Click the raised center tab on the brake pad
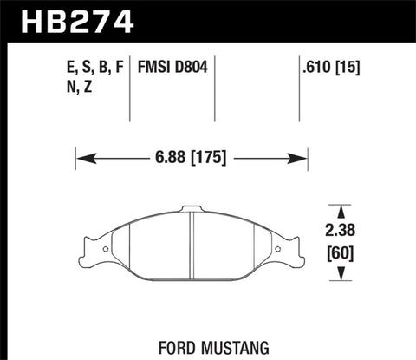click(x=191, y=209)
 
